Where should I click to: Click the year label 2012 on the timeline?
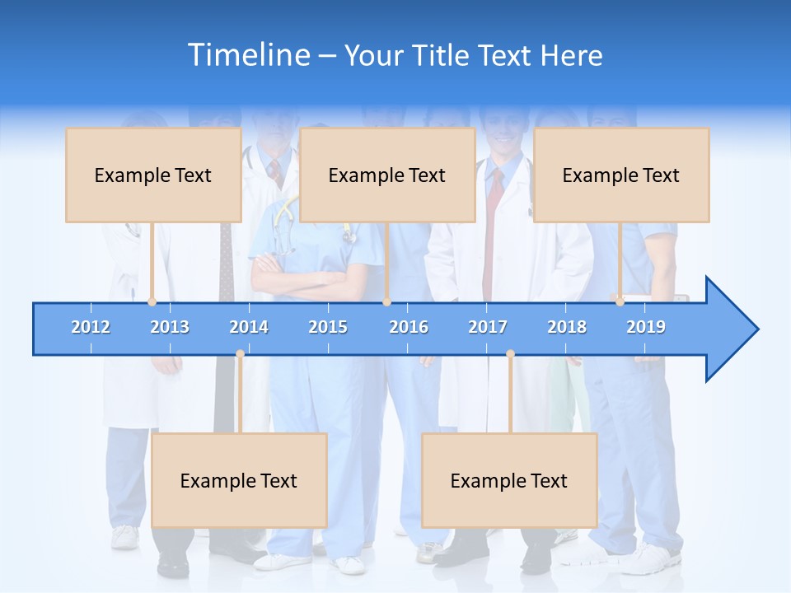click(x=91, y=327)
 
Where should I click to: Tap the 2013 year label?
click(x=170, y=327)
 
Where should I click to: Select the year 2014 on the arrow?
click(x=249, y=327)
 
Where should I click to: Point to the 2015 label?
click(x=328, y=327)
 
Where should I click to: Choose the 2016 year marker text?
click(x=409, y=327)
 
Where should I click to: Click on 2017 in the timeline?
click(x=488, y=327)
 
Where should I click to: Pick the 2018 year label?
click(x=567, y=327)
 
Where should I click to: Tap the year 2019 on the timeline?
click(x=646, y=327)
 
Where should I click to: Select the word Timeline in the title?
click(x=247, y=55)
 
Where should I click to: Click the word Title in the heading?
click(x=443, y=56)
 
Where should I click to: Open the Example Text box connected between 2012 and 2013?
click(x=153, y=175)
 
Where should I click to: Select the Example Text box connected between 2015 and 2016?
click(x=387, y=175)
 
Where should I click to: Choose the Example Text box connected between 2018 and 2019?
click(x=621, y=175)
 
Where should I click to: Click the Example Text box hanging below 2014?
click(x=239, y=480)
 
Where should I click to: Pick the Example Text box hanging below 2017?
click(x=509, y=480)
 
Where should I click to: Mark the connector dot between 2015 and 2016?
click(x=386, y=301)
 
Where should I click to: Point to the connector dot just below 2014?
click(x=240, y=354)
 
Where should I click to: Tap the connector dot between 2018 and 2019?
click(x=620, y=301)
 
